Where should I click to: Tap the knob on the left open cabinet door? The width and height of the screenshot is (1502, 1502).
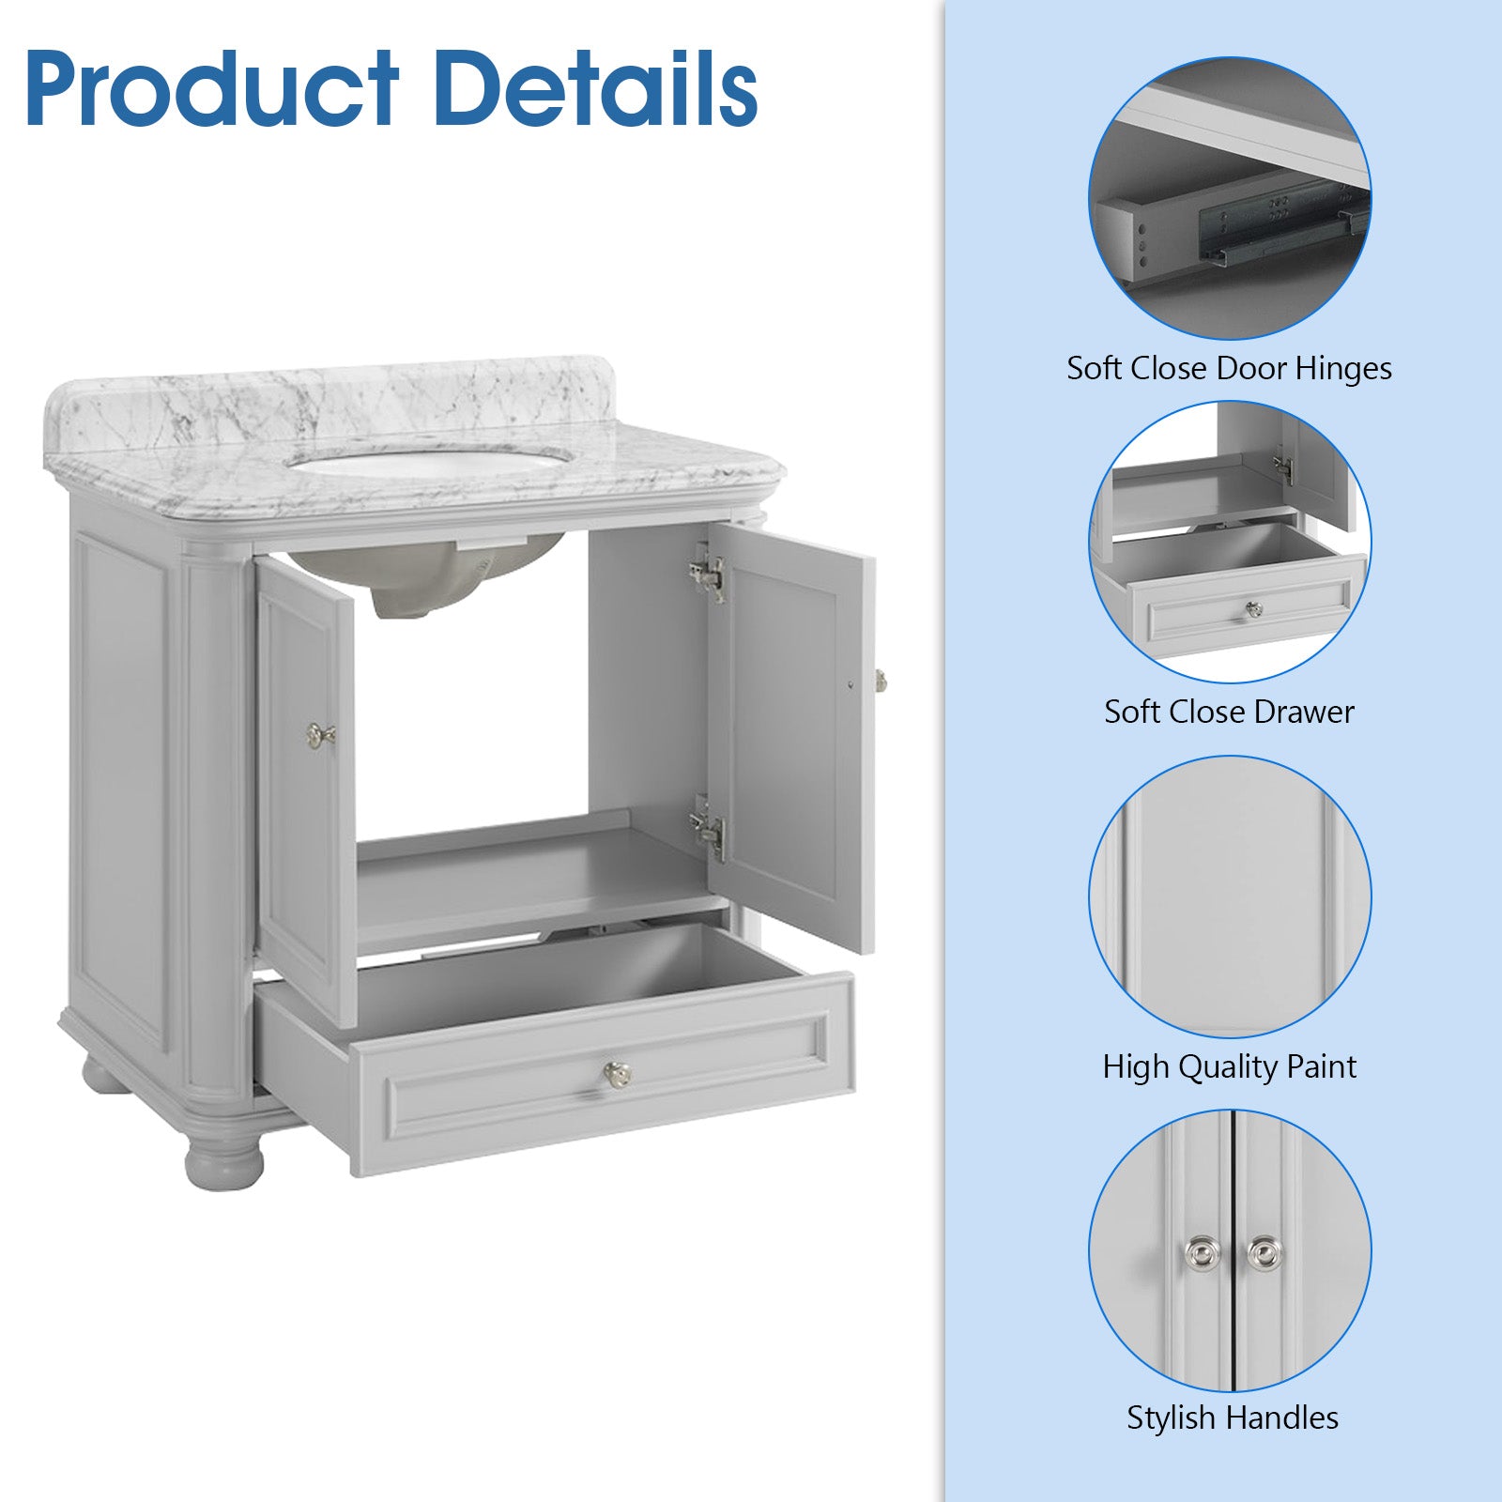[321, 734]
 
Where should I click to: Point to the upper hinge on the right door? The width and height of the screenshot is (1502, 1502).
[708, 574]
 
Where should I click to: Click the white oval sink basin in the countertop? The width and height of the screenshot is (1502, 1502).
[431, 463]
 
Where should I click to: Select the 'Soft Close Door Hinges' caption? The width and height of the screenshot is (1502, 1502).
[1229, 368]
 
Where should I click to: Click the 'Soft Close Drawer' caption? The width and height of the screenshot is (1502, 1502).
[1229, 712]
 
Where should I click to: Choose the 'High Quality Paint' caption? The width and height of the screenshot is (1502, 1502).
[1229, 1066]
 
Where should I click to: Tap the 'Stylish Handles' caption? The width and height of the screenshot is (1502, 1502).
[1233, 1417]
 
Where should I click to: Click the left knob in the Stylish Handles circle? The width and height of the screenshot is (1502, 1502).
[1202, 1253]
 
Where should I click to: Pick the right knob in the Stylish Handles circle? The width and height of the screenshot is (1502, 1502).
[1263, 1253]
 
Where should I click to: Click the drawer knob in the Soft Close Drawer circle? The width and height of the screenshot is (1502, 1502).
[1253, 610]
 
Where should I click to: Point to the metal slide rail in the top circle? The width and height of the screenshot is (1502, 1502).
[1281, 223]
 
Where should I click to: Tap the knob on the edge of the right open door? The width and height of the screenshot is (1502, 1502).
[881, 678]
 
